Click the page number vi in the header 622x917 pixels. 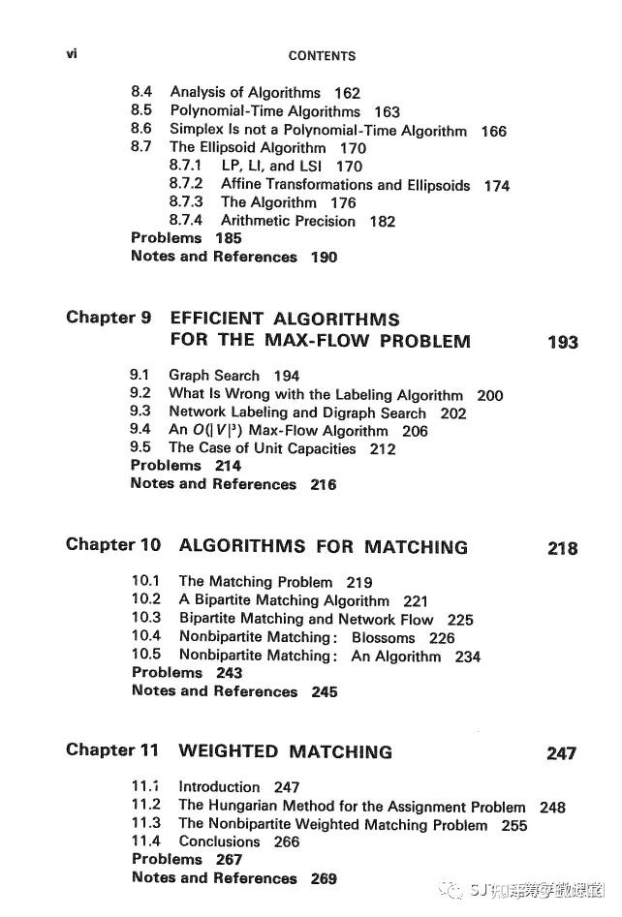coord(72,54)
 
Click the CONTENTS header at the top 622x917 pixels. coord(322,56)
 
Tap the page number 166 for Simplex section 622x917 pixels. coord(493,131)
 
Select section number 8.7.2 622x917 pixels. coord(186,184)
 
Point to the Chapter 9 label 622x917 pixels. coord(102,319)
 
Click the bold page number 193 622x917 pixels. coord(563,342)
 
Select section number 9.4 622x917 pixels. coord(140,430)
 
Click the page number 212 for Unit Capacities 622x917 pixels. coord(383,449)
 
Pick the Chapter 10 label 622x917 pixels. coord(113,545)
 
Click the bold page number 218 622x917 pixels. coord(563,548)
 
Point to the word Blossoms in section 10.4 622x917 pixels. coord(383,638)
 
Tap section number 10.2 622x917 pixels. coord(146,600)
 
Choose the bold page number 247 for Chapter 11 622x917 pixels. coord(561,753)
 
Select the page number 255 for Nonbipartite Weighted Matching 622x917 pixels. coord(514,826)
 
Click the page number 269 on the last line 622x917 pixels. coord(325,879)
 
